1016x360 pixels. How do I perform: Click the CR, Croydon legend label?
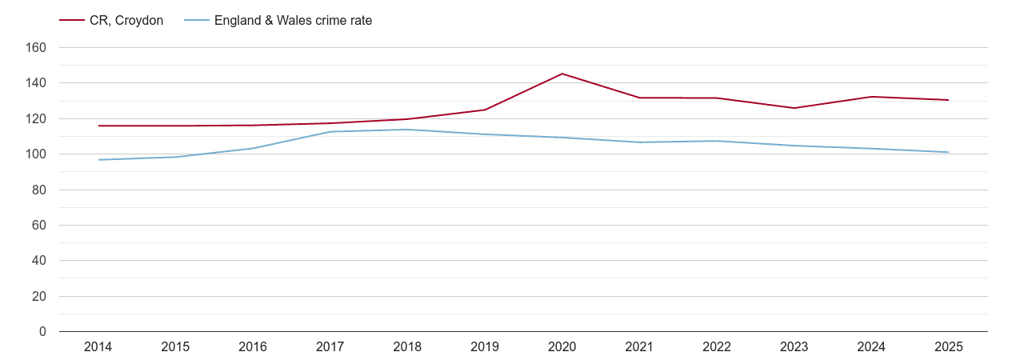tap(126, 21)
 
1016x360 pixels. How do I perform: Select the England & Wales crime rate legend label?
tap(293, 21)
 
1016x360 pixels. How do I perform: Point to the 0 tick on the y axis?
tap(42, 332)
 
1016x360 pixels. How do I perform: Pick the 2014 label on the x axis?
tap(98, 347)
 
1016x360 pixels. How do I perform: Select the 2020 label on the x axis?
tap(562, 347)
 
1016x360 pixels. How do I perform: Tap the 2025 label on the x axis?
tap(949, 347)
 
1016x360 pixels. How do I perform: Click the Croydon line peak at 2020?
tap(562, 74)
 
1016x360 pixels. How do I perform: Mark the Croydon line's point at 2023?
tap(794, 108)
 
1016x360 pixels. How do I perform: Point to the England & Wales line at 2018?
tap(408, 130)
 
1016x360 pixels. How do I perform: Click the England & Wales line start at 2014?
tap(98, 160)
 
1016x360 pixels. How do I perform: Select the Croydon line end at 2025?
tap(949, 100)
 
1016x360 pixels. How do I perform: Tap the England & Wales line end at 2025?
tap(949, 152)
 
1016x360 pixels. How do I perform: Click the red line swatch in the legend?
tap(72, 21)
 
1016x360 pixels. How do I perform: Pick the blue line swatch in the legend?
tap(197, 21)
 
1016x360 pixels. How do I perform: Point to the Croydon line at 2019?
tap(485, 110)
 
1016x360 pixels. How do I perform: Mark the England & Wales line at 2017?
tap(330, 132)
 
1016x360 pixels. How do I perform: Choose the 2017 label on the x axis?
tap(330, 347)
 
